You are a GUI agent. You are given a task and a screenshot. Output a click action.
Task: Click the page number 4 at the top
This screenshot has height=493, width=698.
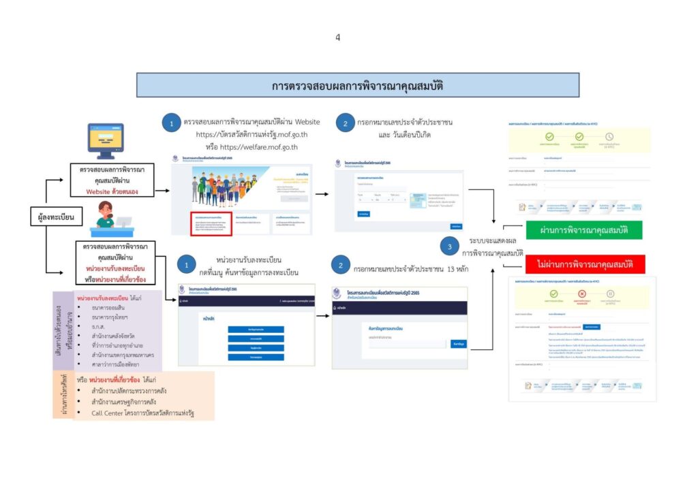click(x=337, y=37)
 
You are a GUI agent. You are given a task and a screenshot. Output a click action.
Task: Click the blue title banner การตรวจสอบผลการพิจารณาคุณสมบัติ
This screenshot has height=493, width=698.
click(x=358, y=86)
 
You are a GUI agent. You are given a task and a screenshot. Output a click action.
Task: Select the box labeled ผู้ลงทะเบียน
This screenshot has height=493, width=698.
click(x=56, y=217)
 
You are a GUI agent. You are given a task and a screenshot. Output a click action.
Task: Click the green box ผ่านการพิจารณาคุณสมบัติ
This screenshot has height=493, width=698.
click(x=585, y=230)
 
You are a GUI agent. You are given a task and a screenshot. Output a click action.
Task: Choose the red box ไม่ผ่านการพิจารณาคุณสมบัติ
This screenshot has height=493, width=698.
click(x=585, y=264)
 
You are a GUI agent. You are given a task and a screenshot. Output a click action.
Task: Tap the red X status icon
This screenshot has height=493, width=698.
click(x=582, y=293)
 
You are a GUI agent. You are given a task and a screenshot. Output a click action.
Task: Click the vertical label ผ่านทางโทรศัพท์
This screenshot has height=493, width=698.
click(x=63, y=395)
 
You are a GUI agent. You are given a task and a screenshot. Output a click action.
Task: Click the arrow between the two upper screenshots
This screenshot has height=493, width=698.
click(x=322, y=195)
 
